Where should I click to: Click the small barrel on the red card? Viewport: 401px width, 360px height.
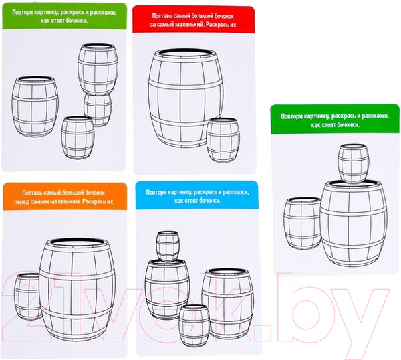(223, 140)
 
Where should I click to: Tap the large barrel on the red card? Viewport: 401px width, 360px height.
(185, 98)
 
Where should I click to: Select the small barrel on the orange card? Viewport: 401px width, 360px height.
(27, 296)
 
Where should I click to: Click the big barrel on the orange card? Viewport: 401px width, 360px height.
(77, 289)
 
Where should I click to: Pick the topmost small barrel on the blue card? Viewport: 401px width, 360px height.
(168, 246)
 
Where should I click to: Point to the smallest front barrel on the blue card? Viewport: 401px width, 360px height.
(194, 325)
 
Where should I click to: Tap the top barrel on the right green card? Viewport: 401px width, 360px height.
(354, 164)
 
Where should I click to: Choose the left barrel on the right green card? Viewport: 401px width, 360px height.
(302, 223)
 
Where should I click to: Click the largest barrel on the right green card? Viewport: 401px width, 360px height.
(354, 223)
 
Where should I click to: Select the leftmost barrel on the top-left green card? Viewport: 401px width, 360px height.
(35, 106)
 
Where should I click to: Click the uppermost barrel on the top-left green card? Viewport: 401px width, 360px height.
(98, 69)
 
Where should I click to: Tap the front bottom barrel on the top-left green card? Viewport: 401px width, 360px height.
(78, 138)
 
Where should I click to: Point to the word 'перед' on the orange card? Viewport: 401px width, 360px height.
(21, 201)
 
